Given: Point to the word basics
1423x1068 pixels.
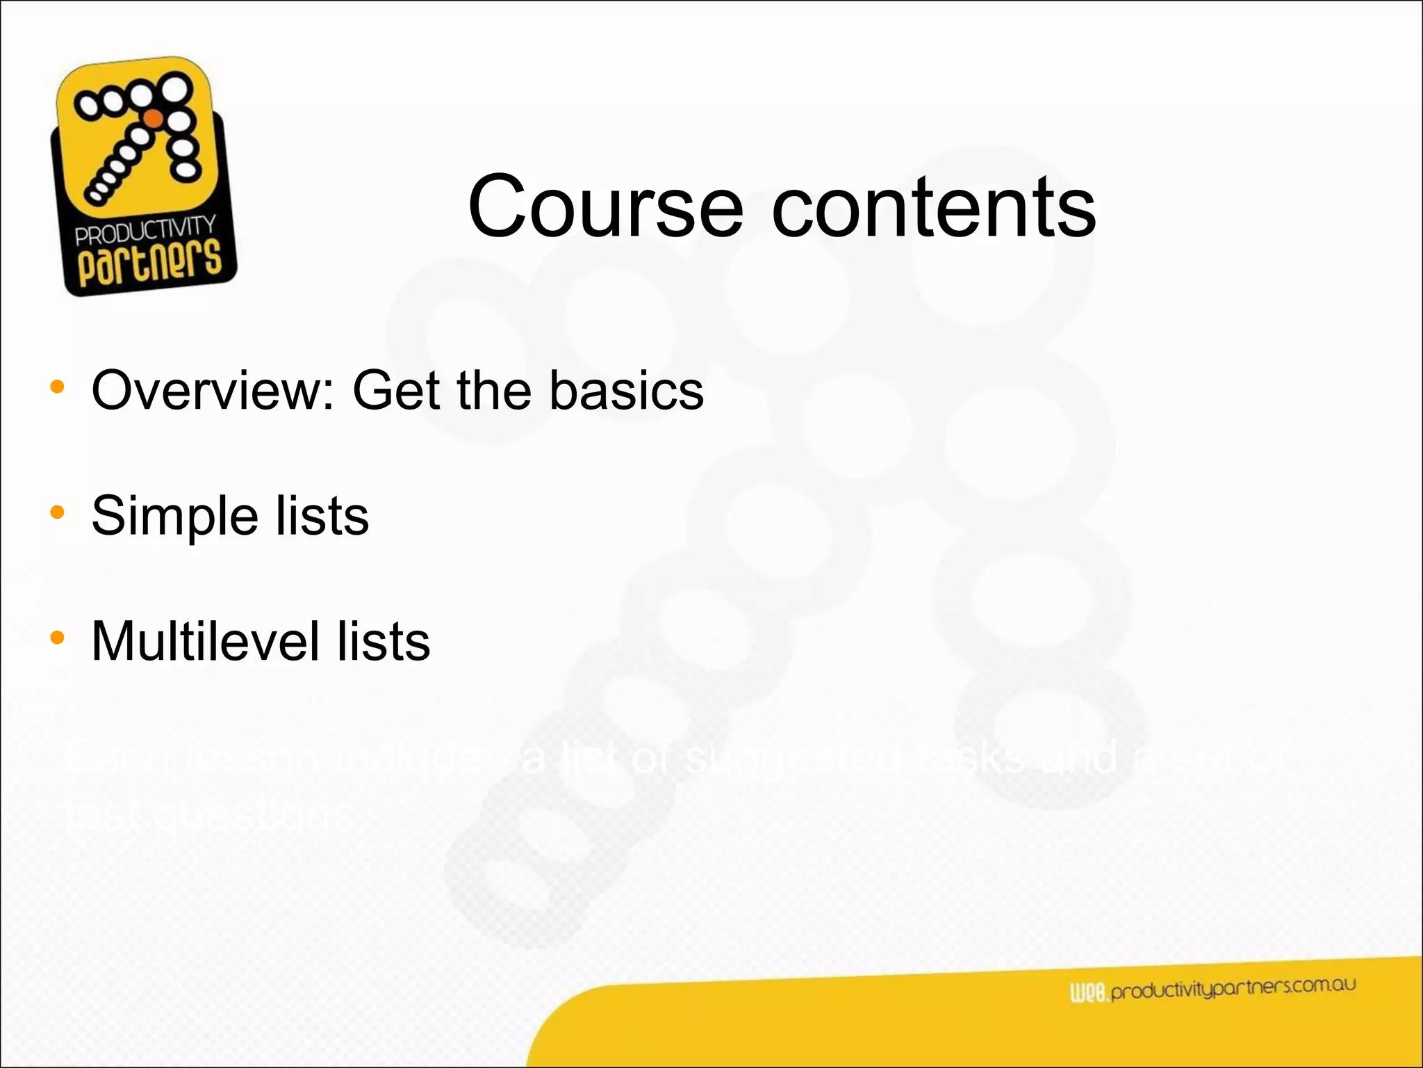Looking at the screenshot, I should [x=626, y=390].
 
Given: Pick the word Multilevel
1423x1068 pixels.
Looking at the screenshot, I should [x=204, y=641].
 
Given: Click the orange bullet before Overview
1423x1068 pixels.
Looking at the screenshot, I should [x=57, y=387].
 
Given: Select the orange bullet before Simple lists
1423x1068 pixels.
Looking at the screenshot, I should [x=57, y=513].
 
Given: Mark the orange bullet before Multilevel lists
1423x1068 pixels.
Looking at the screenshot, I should [x=57, y=638].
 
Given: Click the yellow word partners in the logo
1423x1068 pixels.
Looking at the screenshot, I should [x=149, y=264].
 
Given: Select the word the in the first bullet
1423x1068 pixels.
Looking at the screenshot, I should [x=495, y=390].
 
